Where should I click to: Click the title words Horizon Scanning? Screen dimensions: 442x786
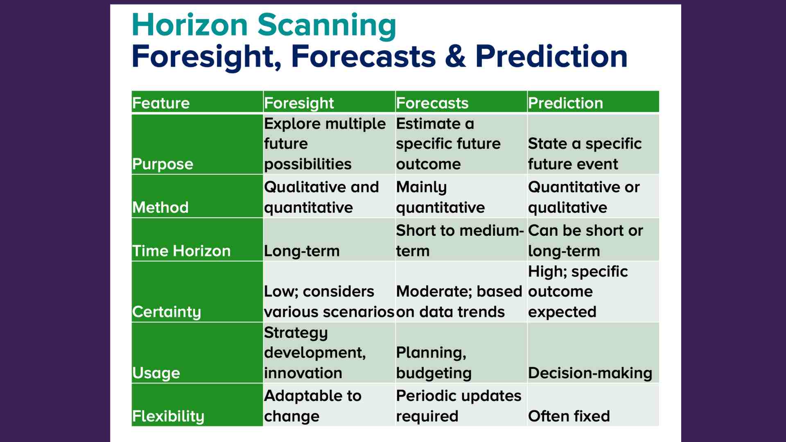coord(264,25)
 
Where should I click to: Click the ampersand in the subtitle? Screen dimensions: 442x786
coord(455,56)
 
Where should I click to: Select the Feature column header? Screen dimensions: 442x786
coord(161,103)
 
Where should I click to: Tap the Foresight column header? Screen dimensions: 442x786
coord(299,103)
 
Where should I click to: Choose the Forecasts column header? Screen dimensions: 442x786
coord(432,103)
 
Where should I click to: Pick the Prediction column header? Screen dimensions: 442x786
coord(565,103)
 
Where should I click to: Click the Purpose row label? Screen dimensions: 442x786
coord(163,164)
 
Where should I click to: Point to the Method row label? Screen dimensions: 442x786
coord(160,207)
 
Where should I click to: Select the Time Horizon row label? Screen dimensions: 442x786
coord(181,250)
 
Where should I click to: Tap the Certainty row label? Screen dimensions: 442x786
coord(167,312)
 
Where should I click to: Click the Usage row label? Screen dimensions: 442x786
coord(156,373)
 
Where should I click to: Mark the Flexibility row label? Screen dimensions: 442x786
coord(168,416)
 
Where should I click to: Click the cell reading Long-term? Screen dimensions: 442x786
coord(302,250)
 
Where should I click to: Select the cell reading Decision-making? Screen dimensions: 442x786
coord(590,373)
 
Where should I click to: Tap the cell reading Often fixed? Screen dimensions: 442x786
coord(569,416)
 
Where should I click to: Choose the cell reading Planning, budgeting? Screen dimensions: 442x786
coord(434,363)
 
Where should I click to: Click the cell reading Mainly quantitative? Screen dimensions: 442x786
coord(440,197)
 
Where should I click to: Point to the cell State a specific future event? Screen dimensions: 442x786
coord(585,153)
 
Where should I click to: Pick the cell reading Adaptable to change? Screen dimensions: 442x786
coord(312,406)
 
